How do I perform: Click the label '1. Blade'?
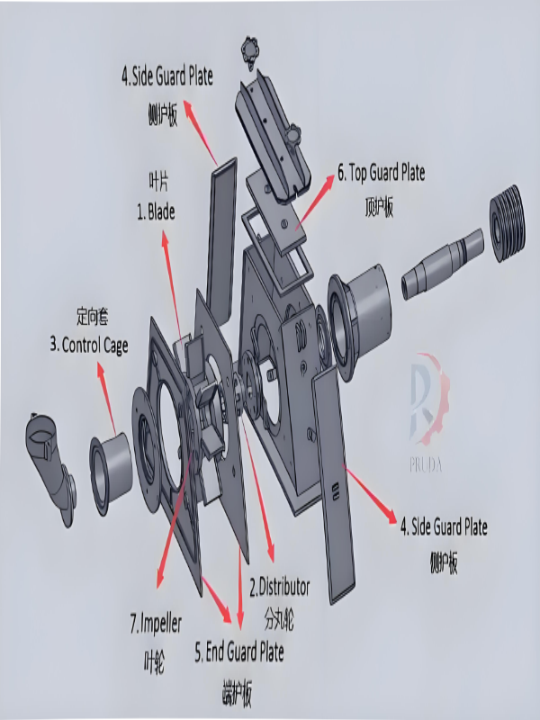pos(156,213)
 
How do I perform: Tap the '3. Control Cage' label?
pos(89,345)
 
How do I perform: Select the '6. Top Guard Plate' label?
pos(381,171)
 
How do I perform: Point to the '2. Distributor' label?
pos(279,588)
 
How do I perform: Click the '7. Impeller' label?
pos(155,622)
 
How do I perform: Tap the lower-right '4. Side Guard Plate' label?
pos(444,526)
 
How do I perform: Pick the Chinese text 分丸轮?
pos(278,620)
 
